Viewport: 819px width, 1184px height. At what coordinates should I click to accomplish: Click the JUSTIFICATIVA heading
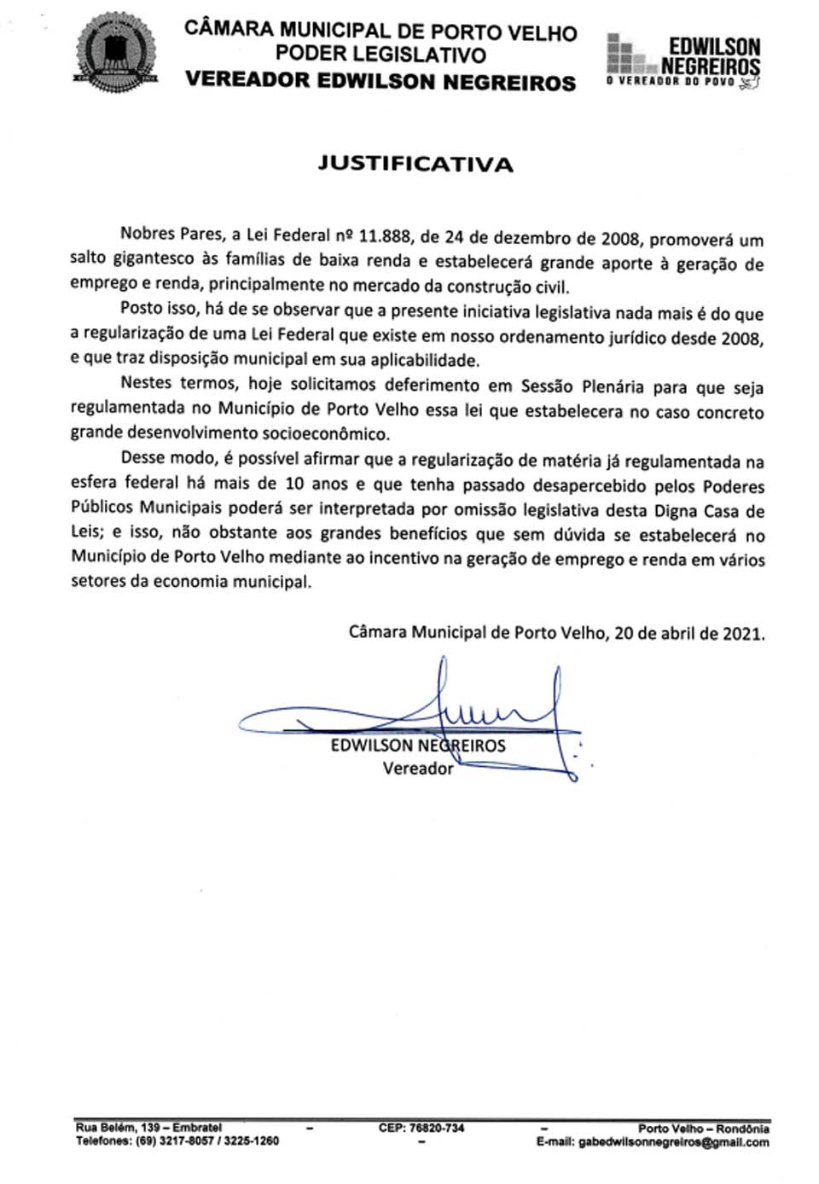[x=415, y=164]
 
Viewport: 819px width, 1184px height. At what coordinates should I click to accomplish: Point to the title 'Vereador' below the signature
[x=417, y=768]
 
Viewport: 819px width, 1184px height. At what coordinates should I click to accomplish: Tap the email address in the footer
[x=674, y=1142]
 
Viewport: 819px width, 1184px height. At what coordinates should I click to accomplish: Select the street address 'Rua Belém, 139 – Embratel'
[x=148, y=1128]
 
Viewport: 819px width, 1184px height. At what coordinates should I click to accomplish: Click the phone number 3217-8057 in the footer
[x=182, y=1141]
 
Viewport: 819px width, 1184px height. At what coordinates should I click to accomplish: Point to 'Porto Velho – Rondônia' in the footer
[x=703, y=1129]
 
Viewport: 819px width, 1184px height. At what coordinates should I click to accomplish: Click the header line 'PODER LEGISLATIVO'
[x=380, y=55]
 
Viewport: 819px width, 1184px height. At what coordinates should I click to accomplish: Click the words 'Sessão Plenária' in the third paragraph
[x=586, y=386]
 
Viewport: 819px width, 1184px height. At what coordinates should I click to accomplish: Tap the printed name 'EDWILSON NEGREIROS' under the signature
[x=417, y=746]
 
